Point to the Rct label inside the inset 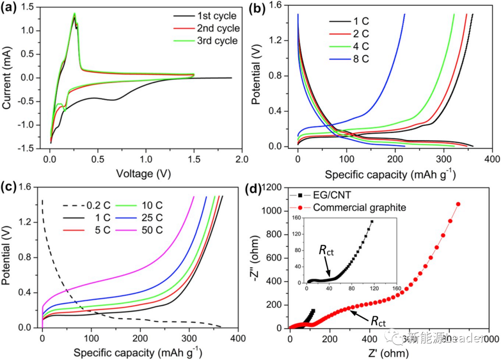click(x=326, y=251)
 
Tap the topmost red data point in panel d click(x=458, y=204)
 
